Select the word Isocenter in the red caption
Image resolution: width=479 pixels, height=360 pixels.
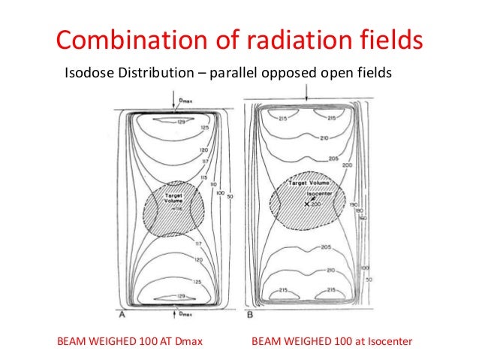coord(387,341)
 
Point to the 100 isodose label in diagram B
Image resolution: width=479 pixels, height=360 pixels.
coord(363,268)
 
